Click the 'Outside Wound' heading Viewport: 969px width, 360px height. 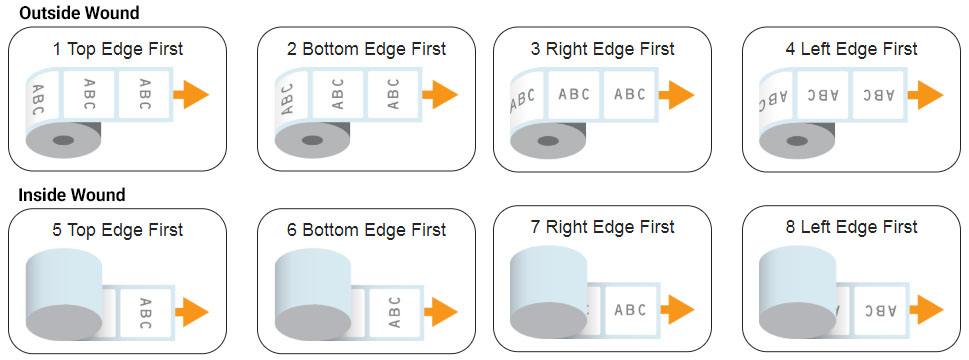pyautogui.click(x=79, y=12)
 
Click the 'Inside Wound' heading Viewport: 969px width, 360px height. pyautogui.click(x=72, y=195)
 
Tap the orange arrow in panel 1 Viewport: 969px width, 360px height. pyautogui.click(x=191, y=94)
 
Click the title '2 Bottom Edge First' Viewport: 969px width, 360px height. pyautogui.click(x=366, y=48)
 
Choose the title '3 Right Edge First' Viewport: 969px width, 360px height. pyautogui.click(x=603, y=48)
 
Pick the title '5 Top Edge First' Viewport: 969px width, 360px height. pyautogui.click(x=118, y=230)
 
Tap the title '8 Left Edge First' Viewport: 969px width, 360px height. pyautogui.click(x=850, y=227)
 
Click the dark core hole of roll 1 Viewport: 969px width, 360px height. pyautogui.click(x=64, y=141)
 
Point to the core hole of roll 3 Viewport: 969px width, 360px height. pyautogui.click(x=547, y=141)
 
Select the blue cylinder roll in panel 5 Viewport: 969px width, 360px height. pyautogui.click(x=64, y=293)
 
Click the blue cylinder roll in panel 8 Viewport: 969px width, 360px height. pyautogui.click(x=797, y=291)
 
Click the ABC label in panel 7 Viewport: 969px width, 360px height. pyautogui.click(x=631, y=310)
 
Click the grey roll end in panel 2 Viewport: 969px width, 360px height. pyautogui.click(x=312, y=141)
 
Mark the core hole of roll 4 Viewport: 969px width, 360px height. pyautogui.click(x=796, y=141)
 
